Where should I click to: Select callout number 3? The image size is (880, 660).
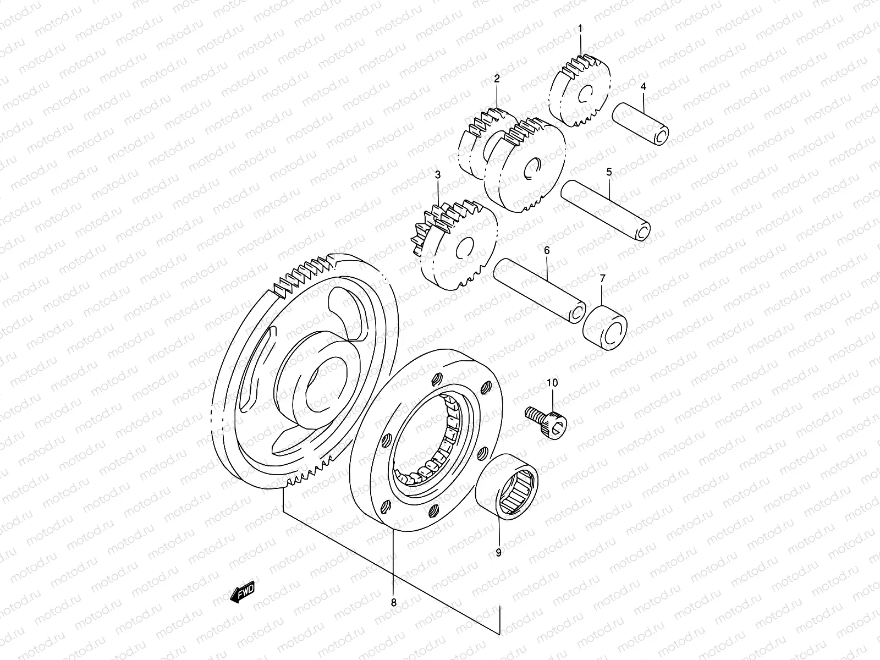(x=438, y=175)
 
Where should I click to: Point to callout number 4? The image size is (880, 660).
(x=643, y=86)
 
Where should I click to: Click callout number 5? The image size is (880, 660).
(x=609, y=172)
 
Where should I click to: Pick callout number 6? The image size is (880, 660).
(x=547, y=250)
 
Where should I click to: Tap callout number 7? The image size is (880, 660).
(x=602, y=279)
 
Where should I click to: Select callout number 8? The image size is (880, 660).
(x=393, y=602)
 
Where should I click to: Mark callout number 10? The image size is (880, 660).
(x=552, y=382)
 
